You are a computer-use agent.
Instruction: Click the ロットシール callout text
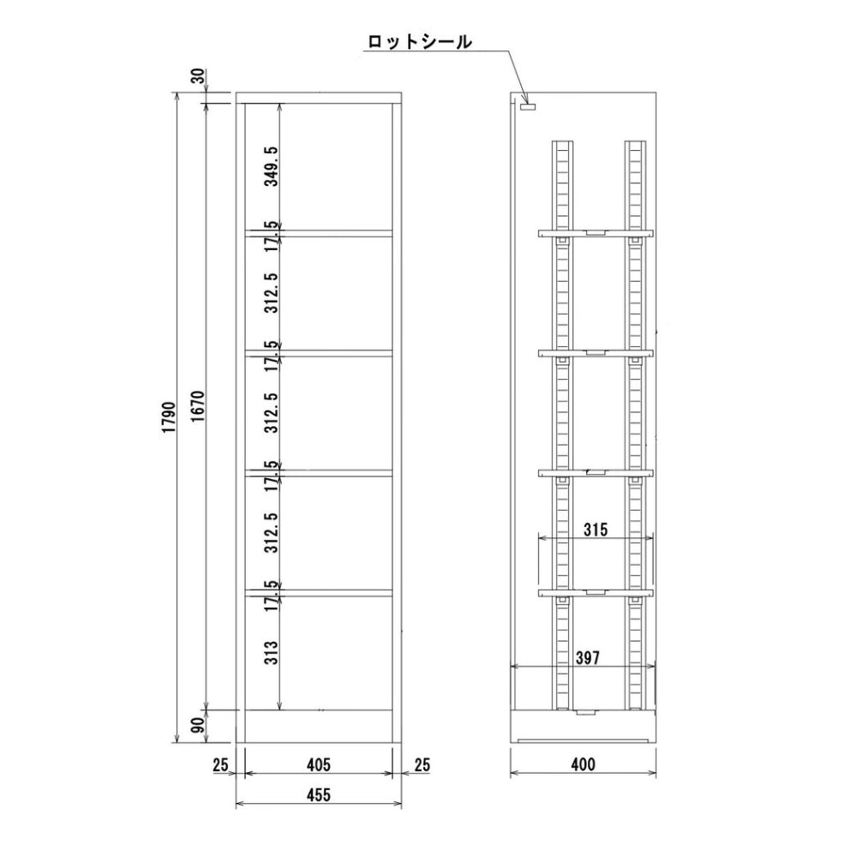tap(419, 42)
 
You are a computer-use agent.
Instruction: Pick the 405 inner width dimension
tap(318, 764)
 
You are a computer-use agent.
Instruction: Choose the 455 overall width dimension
tap(318, 794)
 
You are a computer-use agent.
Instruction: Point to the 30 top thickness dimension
tap(198, 77)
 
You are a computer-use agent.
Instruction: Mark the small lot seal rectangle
tap(527, 107)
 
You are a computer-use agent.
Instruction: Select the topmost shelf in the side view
tap(596, 232)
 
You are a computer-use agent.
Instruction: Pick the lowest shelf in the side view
tap(596, 592)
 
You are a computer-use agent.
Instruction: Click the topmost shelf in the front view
tap(319, 231)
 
